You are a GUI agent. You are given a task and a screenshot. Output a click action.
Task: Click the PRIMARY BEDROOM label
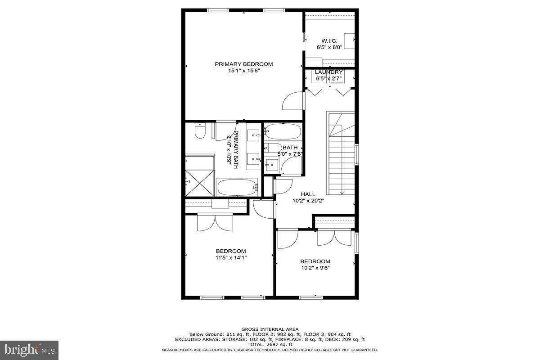[243, 64]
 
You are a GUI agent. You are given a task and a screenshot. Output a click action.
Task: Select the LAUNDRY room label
[328, 72]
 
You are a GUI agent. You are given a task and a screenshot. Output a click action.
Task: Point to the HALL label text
[308, 194]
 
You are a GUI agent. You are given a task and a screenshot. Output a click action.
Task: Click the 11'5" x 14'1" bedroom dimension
[231, 257]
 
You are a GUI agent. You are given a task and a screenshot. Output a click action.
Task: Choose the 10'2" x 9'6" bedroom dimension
[315, 268]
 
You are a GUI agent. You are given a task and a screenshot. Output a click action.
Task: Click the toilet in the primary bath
[199, 131]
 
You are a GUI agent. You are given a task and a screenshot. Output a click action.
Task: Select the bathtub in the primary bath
[237, 187]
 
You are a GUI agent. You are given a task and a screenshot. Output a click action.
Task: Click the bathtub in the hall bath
[282, 132]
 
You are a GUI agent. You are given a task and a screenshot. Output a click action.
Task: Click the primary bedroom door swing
[293, 101]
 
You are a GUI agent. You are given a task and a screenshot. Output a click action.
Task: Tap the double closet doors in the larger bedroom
[215, 222]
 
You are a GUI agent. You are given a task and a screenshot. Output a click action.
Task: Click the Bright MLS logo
[29, 349]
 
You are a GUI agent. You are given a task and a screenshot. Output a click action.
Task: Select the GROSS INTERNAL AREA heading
[270, 329]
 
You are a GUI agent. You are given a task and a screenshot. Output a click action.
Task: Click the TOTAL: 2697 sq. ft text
[270, 344]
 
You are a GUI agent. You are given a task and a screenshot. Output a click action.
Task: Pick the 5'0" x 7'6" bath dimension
[290, 154]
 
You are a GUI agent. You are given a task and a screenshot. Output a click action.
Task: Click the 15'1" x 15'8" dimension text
[243, 70]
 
